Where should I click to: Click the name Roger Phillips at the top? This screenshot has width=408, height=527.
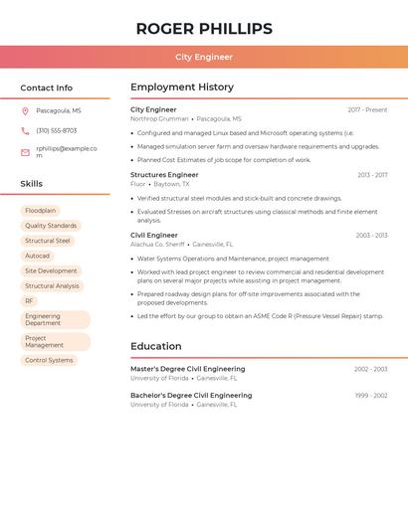pyautogui.click(x=204, y=28)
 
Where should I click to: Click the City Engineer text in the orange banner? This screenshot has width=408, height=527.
pyautogui.click(x=204, y=57)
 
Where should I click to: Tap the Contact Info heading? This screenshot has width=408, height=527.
pyautogui.click(x=47, y=88)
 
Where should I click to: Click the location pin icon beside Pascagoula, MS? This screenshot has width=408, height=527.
pyautogui.click(x=25, y=111)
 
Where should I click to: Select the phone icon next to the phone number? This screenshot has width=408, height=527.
pyautogui.click(x=25, y=130)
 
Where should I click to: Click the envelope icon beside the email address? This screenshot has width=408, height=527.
pyautogui.click(x=25, y=152)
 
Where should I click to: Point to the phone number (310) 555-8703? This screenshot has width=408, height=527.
pyautogui.click(x=57, y=130)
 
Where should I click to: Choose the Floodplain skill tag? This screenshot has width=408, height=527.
pyautogui.click(x=41, y=211)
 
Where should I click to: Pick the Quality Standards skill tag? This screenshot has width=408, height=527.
pyautogui.click(x=51, y=226)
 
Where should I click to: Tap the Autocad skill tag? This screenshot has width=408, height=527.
pyautogui.click(x=37, y=256)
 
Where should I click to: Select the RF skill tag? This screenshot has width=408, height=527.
pyautogui.click(x=29, y=300)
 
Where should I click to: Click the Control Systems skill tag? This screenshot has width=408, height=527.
pyautogui.click(x=49, y=360)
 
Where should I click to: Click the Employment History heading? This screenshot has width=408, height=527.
pyautogui.click(x=182, y=88)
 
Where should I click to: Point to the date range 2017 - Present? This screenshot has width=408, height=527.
pyautogui.click(x=367, y=110)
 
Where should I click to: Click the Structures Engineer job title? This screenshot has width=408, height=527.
pyautogui.click(x=164, y=175)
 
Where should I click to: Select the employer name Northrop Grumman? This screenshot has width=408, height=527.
pyautogui.click(x=159, y=118)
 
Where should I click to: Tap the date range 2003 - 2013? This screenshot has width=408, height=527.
pyautogui.click(x=371, y=236)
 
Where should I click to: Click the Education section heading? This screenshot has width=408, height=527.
pyautogui.click(x=155, y=346)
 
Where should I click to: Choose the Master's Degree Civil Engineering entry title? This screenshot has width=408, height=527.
pyautogui.click(x=187, y=369)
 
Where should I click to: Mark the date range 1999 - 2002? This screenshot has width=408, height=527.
pyautogui.click(x=371, y=396)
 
